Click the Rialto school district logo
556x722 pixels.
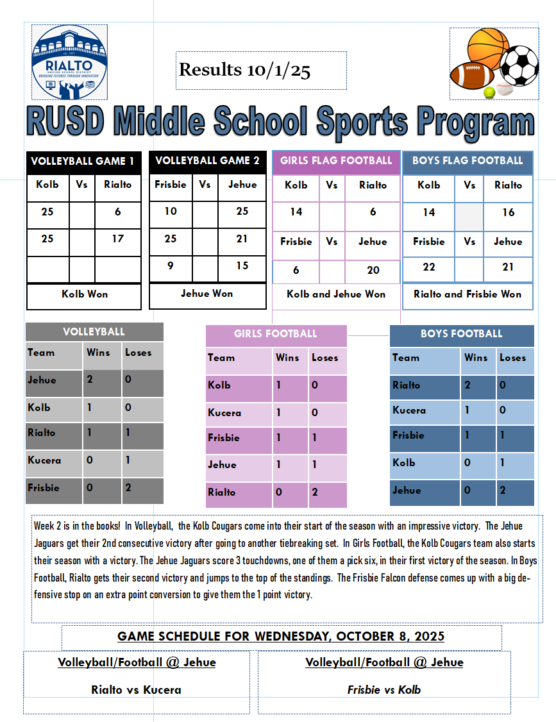point(69,62)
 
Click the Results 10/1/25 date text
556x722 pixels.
point(244,70)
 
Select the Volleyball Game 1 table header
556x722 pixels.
point(83,161)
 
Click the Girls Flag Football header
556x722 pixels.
point(336,160)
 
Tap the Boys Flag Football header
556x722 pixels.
point(468,160)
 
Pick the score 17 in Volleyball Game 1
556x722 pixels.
point(117,239)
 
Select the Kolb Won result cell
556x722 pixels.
point(84,294)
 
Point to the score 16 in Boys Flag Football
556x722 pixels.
point(508,212)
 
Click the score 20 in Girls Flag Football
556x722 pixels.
point(373,270)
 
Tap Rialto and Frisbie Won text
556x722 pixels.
point(468,294)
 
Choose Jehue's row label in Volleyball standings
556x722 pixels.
point(42,380)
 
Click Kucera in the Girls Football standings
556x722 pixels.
point(224,412)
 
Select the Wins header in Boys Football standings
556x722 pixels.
point(476,358)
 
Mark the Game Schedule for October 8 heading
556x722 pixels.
point(281,637)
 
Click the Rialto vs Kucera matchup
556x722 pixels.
point(136,690)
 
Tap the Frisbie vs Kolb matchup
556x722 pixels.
point(384,690)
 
